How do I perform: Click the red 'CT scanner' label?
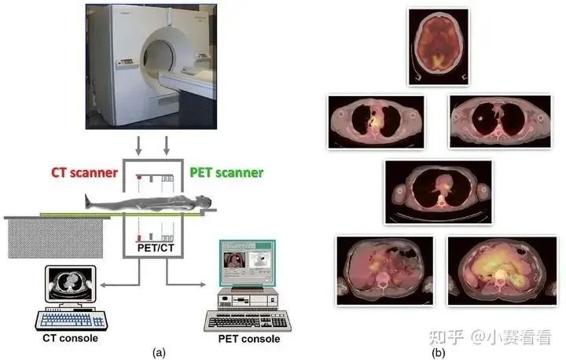(x=84, y=171)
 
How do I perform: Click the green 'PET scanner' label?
(x=226, y=171)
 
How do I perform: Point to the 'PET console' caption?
(x=248, y=340)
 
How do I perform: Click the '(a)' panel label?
(x=160, y=352)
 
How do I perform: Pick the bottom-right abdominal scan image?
(x=496, y=271)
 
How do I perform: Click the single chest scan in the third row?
(x=437, y=191)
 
